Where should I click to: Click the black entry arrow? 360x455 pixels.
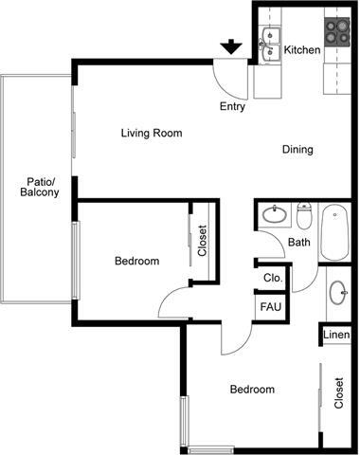point(230,46)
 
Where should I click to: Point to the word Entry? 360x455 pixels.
point(232,106)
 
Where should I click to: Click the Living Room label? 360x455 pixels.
point(152,133)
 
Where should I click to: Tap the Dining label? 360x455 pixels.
point(297,150)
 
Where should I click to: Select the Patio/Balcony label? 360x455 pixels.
point(40,187)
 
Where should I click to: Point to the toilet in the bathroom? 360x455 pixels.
point(304,217)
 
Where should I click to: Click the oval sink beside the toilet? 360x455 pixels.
point(276,215)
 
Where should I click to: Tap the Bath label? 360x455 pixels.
point(299,243)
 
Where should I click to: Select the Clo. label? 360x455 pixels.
point(273,279)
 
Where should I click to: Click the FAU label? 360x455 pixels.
point(271,308)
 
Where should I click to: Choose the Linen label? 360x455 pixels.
point(335,336)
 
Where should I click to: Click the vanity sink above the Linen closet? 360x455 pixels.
point(338,292)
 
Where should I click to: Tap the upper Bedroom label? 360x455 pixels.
point(137,261)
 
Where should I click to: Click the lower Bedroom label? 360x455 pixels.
point(252,390)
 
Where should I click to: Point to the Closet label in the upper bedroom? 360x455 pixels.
point(202,242)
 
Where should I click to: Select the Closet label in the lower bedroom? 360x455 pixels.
point(339,393)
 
